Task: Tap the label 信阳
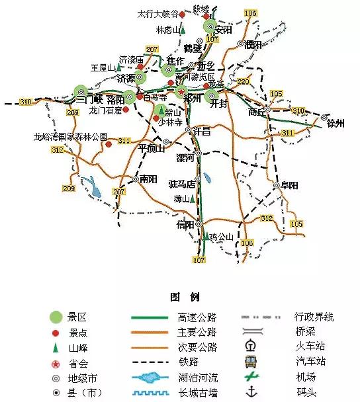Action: tap(186, 225)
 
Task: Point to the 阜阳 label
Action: tap(289, 185)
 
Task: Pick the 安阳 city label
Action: tap(224, 30)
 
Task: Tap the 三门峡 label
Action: tap(89, 100)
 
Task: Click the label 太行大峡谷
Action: tap(157, 13)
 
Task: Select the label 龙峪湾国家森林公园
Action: tap(70, 137)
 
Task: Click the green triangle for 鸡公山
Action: tap(205, 236)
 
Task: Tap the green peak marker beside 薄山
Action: tap(193, 198)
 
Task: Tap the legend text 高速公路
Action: tap(197, 317)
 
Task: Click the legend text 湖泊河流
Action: tap(197, 378)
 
